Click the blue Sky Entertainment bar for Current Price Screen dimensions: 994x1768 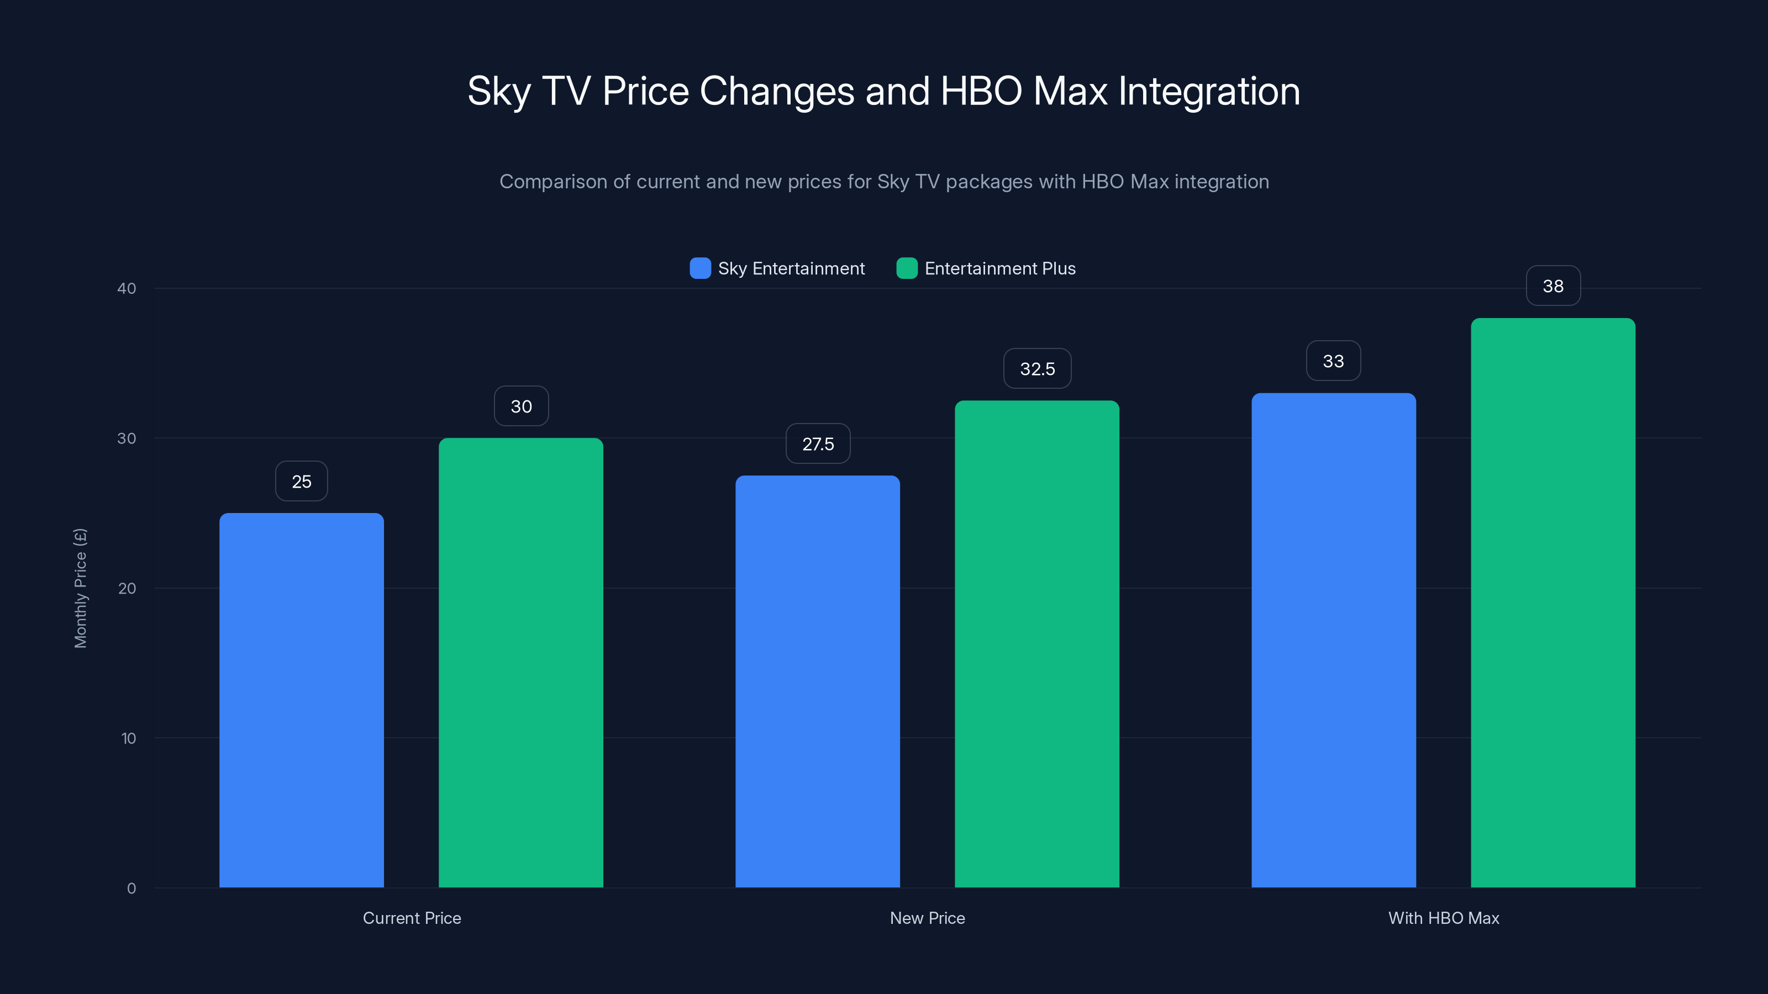tap(301, 700)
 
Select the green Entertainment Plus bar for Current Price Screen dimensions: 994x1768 tap(521, 662)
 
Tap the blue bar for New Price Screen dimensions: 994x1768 tap(818, 681)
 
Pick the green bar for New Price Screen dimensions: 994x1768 tap(1037, 643)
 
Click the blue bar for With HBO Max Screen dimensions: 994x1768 tap(1334, 640)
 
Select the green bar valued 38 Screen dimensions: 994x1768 tap(1553, 602)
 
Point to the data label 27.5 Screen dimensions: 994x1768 tap(818, 444)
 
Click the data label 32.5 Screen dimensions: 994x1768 tap(1037, 369)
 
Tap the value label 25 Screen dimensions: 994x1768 tap(301, 482)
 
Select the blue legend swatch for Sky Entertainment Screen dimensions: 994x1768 tap(700, 268)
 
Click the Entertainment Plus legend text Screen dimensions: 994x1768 tap(1000, 268)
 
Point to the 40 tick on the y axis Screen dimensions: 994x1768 tap(127, 288)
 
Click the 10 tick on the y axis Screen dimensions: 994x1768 tap(128, 738)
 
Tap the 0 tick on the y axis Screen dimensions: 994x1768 tap(131, 889)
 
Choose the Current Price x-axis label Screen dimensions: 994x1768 tap(412, 918)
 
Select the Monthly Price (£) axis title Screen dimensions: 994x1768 tap(80, 588)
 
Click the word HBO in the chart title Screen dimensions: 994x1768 tap(981, 91)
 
